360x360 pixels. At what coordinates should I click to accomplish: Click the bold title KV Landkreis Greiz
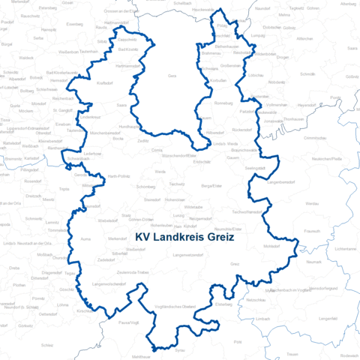(x=184, y=238)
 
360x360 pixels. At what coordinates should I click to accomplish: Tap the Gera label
(x=172, y=76)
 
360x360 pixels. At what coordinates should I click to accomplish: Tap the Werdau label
(x=313, y=203)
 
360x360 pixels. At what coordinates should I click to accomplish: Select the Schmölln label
(x=308, y=75)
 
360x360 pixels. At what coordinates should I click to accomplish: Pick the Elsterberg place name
(x=224, y=304)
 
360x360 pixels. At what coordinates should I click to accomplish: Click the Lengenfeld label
(x=328, y=318)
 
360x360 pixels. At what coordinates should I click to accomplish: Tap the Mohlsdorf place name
(x=272, y=245)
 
